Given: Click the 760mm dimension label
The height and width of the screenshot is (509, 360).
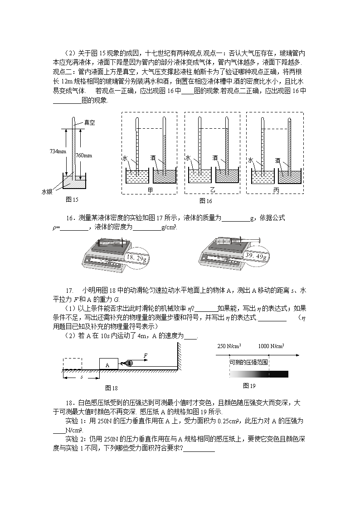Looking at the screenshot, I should click(84, 155).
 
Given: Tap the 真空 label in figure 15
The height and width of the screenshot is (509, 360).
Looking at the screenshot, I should click(89, 122).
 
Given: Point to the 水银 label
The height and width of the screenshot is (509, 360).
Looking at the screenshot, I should click(47, 192).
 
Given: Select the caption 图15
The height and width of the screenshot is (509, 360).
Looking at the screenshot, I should click(72, 200).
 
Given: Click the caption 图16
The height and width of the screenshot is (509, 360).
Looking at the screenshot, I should click(205, 201).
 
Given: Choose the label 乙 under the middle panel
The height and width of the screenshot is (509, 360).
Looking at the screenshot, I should click(213, 190).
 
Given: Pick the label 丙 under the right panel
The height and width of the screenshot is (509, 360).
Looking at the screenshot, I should click(276, 190).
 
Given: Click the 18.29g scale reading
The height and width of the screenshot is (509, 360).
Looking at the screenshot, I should click(136, 258).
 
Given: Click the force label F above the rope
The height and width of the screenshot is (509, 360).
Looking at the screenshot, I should click(145, 355).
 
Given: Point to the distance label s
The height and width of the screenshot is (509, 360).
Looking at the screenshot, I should click(81, 376).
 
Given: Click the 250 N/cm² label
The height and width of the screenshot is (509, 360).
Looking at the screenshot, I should click(229, 346).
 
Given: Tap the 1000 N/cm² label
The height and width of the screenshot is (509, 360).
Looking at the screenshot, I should click(271, 346).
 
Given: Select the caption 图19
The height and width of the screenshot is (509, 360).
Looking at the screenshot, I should click(249, 386).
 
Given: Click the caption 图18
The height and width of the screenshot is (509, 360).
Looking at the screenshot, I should click(111, 388).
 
